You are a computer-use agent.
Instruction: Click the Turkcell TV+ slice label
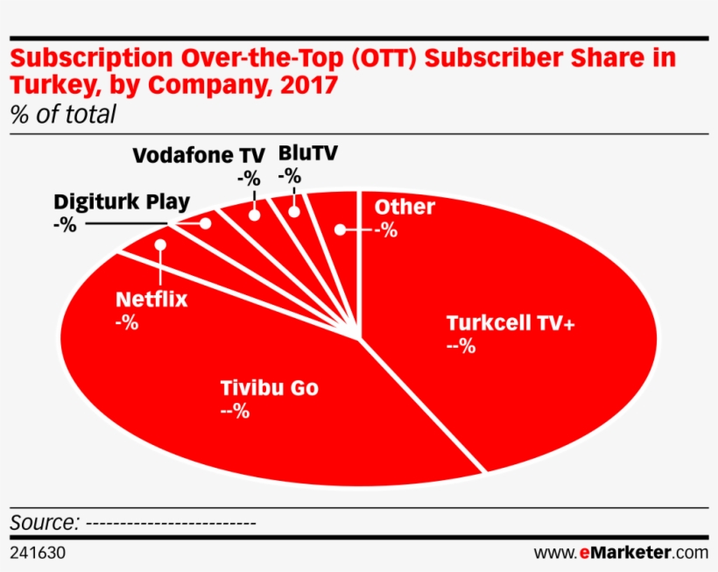pos(510,322)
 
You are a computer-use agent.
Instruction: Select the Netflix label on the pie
pos(151,300)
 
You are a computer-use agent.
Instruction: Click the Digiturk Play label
pos(122,202)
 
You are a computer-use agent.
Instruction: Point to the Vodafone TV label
pos(198,156)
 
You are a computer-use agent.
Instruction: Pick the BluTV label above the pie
pos(307,152)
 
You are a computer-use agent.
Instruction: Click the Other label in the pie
pos(404,208)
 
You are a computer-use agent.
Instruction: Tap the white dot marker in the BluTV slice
pos(294,211)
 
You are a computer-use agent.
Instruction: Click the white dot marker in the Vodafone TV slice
pos(255,215)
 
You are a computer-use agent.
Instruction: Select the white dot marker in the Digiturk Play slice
pos(206,223)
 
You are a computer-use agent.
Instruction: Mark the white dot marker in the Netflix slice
pos(161,244)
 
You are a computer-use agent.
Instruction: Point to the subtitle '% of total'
pos(62,115)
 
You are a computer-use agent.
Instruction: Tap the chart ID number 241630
pos(38,554)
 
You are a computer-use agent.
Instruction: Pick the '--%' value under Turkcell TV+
pos(461,346)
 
